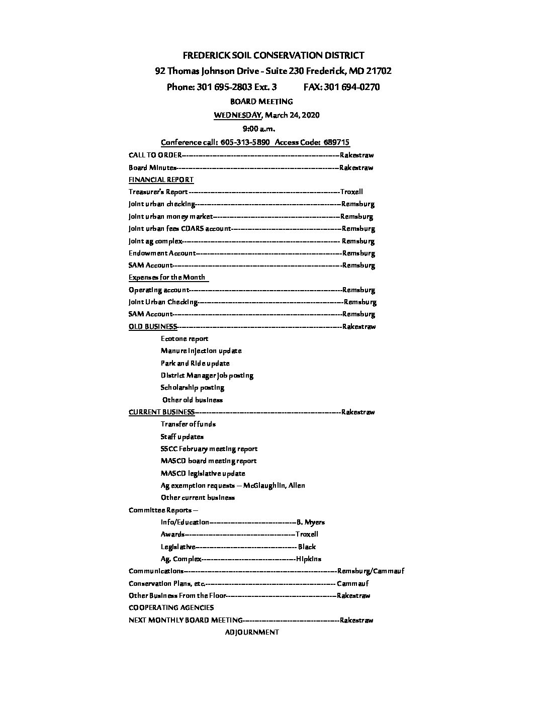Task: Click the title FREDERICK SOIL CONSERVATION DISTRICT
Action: (x=273, y=55)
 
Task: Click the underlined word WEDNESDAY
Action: (x=238, y=115)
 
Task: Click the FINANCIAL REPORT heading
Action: (x=161, y=180)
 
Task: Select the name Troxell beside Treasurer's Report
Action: (x=351, y=192)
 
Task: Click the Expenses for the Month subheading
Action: (x=167, y=277)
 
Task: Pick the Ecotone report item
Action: (x=185, y=338)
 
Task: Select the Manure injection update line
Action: (x=201, y=350)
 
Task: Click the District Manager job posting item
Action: (x=207, y=375)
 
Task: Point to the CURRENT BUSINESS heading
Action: (x=161, y=412)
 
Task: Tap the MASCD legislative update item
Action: (x=203, y=473)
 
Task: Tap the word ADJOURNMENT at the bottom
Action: (x=252, y=632)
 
